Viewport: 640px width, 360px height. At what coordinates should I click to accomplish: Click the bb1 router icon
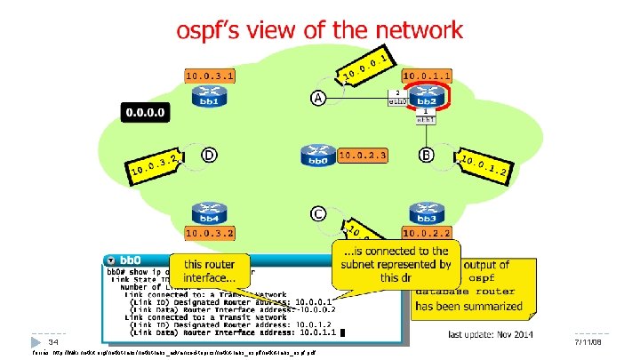[x=211, y=96]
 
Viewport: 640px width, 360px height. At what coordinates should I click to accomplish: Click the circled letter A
[x=317, y=98]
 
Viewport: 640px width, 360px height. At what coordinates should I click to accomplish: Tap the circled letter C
[x=317, y=214]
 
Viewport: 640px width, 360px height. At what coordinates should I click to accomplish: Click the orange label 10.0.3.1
[x=211, y=76]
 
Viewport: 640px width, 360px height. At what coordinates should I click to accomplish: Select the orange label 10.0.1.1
[x=428, y=76]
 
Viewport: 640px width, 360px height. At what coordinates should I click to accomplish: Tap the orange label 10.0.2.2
[x=428, y=233]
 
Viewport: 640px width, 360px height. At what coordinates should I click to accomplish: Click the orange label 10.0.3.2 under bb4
[x=210, y=233]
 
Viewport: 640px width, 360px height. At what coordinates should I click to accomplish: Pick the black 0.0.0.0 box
[x=149, y=113]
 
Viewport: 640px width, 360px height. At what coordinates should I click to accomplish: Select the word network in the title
[x=417, y=30]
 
